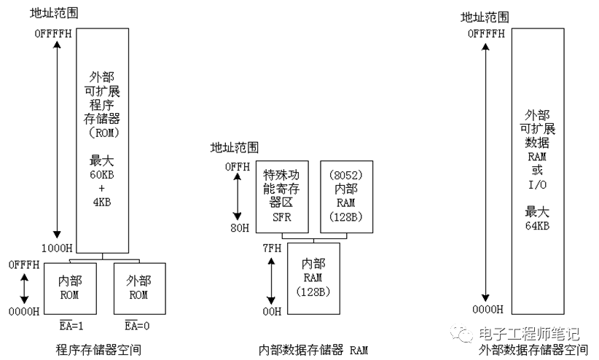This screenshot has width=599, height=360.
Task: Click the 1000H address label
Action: click(x=57, y=249)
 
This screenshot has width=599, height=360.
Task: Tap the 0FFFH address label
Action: click(x=24, y=265)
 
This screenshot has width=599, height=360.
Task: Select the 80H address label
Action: click(x=240, y=228)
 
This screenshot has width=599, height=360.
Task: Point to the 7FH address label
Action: click(x=272, y=249)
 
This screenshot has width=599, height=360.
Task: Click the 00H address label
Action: click(x=272, y=311)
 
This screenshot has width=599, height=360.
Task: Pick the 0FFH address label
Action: click(x=238, y=167)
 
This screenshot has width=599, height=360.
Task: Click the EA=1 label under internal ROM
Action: click(x=71, y=325)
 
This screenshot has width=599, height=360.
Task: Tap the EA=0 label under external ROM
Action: click(x=137, y=325)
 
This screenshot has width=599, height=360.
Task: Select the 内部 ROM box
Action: click(x=70, y=289)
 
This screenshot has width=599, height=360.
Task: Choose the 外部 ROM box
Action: click(x=139, y=289)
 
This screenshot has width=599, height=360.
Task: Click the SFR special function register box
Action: click(x=282, y=197)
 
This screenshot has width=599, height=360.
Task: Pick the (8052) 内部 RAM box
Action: click(x=346, y=197)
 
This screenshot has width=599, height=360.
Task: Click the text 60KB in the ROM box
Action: click(x=102, y=175)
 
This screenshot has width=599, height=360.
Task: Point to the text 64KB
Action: click(x=537, y=225)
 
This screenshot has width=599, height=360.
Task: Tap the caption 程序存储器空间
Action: click(x=98, y=350)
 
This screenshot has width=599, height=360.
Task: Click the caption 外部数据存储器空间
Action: click(x=533, y=350)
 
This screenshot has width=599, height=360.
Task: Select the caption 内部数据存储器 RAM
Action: click(x=313, y=350)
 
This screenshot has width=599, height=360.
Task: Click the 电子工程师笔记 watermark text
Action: click(x=529, y=334)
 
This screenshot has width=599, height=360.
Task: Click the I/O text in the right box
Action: click(x=537, y=185)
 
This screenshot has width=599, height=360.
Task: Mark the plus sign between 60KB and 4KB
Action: click(x=101, y=188)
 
